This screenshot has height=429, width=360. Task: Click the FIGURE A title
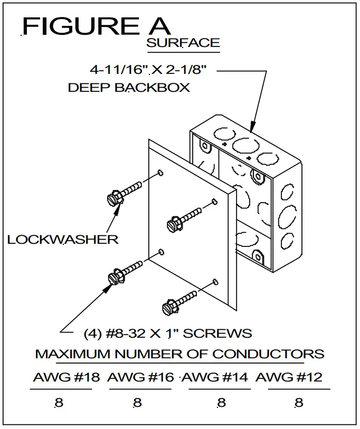(x=96, y=26)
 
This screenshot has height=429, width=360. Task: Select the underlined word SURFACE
(x=183, y=43)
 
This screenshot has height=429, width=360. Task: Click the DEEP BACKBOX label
(x=129, y=88)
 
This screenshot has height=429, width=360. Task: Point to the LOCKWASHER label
(x=63, y=240)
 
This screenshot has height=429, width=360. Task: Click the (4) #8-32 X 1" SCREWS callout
(x=168, y=333)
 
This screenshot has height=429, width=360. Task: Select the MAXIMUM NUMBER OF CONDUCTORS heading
(x=179, y=354)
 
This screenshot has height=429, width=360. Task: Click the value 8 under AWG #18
(x=59, y=403)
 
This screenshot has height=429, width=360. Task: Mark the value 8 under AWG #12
(x=299, y=403)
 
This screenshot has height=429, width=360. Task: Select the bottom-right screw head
(x=167, y=306)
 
